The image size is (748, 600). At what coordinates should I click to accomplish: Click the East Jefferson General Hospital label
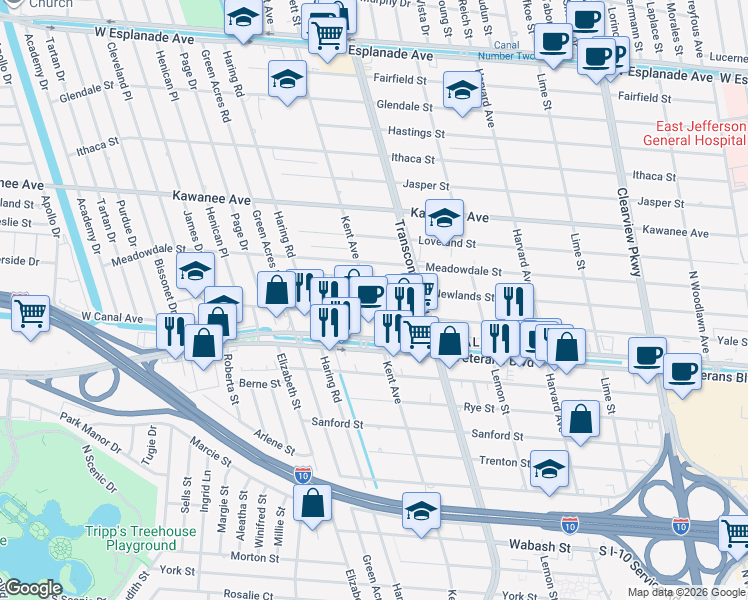point(700,134)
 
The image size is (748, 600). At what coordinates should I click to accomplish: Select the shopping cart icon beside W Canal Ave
point(30,313)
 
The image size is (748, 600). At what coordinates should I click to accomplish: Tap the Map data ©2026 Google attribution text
point(687,592)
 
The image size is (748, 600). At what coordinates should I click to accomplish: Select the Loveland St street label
point(446,242)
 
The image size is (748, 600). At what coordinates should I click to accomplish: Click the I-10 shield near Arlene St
point(301,472)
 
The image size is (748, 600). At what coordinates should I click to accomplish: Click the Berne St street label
point(259,383)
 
